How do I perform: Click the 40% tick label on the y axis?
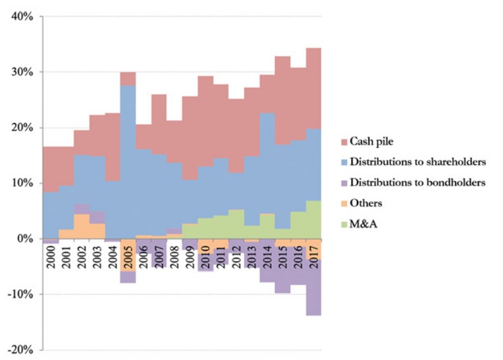coord(22,16)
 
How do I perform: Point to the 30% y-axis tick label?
coord(22,72)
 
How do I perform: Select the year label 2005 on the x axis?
coord(128,255)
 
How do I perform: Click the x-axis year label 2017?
coord(313,255)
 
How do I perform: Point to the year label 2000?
coord(51,255)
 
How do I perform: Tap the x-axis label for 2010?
coord(205,255)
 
